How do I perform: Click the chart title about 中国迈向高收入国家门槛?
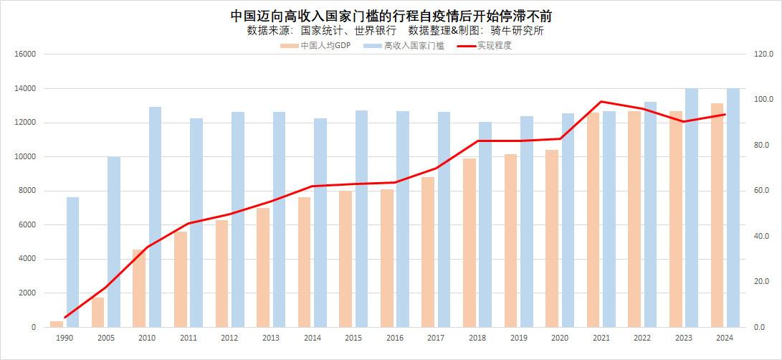(x=391, y=15)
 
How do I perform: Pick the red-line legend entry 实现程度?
(x=494, y=45)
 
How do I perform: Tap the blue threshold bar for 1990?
(x=72, y=262)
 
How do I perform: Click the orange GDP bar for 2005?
(x=97, y=312)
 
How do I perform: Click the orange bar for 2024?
(x=717, y=215)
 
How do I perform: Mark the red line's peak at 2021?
(x=601, y=102)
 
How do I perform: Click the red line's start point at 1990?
(x=65, y=317)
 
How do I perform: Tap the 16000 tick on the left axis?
(x=27, y=55)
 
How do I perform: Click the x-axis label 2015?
(x=353, y=338)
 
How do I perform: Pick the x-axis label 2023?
(x=683, y=338)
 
